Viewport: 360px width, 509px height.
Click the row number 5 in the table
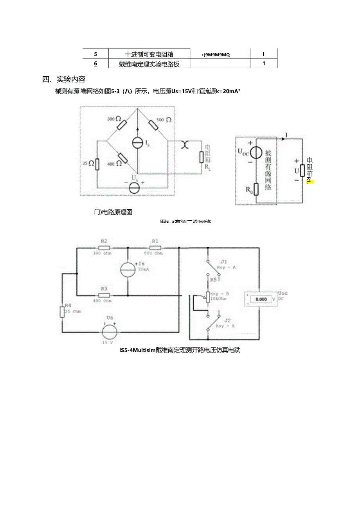coord(95,54)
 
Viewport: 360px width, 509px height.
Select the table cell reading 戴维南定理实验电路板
coord(149,64)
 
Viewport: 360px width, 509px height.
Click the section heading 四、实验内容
coord(64,79)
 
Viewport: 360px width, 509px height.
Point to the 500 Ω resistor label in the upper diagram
coord(163,120)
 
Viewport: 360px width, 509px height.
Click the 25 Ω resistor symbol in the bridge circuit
coord(97,164)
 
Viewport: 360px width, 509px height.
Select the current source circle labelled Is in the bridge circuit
coord(137,143)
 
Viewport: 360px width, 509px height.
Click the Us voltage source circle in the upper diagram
coord(135,188)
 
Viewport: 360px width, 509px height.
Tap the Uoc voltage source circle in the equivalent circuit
coord(256,153)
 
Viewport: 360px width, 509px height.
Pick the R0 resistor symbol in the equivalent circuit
coord(256,189)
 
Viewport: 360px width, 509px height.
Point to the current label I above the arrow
coord(286,135)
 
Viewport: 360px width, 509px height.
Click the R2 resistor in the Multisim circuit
coord(104,247)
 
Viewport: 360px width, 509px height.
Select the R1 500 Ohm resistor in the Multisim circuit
coord(154,247)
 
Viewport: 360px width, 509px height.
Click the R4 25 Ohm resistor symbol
coord(62,311)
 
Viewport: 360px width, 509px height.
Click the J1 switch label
coord(223,261)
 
